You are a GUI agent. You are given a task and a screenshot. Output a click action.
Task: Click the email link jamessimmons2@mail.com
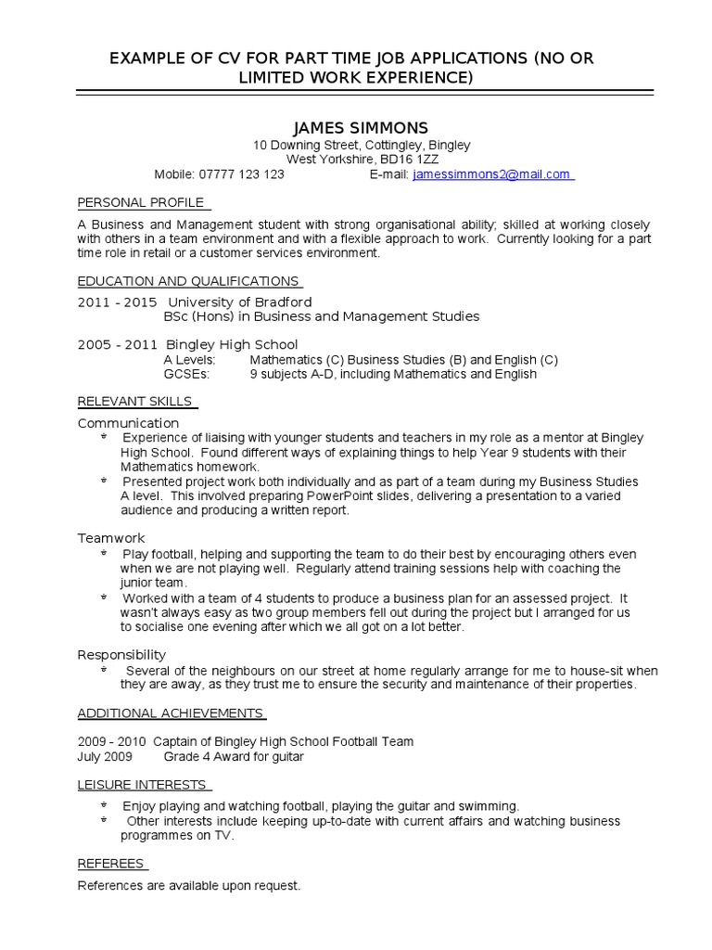(491, 173)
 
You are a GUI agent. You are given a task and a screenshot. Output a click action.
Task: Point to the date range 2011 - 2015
(118, 302)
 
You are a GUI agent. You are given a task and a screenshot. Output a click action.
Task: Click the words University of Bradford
(239, 302)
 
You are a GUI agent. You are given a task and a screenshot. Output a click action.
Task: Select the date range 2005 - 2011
(118, 345)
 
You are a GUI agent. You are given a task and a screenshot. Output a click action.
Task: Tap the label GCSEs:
(186, 374)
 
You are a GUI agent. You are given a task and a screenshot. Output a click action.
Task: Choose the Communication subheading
(128, 423)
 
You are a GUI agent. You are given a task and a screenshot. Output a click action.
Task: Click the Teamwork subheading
(111, 538)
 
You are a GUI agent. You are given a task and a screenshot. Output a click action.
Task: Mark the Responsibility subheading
(121, 654)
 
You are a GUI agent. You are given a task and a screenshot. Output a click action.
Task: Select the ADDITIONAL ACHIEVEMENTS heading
(170, 712)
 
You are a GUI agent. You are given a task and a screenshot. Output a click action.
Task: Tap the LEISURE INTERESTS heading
(142, 785)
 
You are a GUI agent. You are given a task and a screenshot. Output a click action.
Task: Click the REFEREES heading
(110, 864)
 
